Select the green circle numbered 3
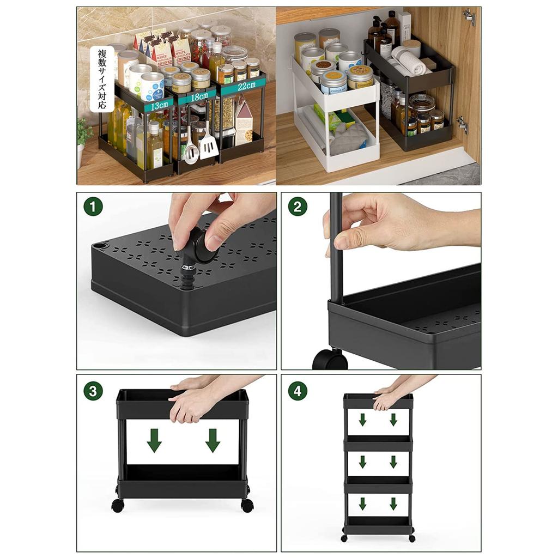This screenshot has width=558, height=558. [93, 391]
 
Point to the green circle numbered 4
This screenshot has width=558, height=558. [298, 391]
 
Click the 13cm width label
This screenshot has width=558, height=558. [159, 105]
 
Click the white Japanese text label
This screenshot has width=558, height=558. [102, 78]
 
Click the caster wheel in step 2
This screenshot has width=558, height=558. [330, 360]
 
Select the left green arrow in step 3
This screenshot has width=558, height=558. [154, 440]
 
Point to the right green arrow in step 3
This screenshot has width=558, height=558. [213, 440]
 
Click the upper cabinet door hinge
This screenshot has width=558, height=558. [469, 16]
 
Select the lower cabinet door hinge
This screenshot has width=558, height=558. [462, 124]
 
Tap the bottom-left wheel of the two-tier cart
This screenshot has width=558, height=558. [117, 505]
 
